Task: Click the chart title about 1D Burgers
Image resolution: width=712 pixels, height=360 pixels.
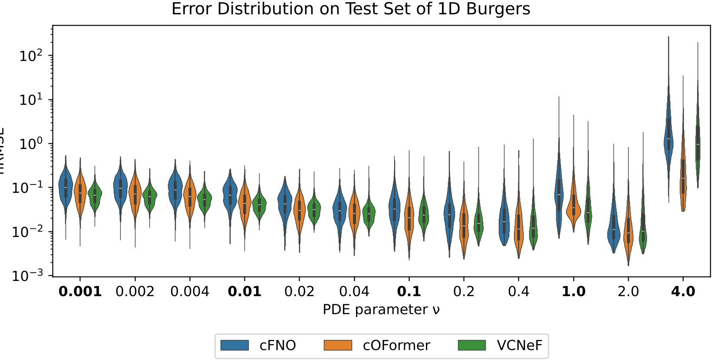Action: pyautogui.click(x=351, y=9)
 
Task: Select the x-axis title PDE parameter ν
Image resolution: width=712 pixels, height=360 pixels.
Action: pyautogui.click(x=381, y=310)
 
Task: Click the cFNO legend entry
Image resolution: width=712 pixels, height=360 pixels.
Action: pyautogui.click(x=258, y=345)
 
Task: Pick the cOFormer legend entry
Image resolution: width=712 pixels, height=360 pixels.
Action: pyautogui.click(x=377, y=345)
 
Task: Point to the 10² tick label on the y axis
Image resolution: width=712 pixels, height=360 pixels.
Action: pyautogui.click(x=31, y=56)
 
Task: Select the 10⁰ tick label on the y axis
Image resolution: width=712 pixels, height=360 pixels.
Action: pyautogui.click(x=31, y=144)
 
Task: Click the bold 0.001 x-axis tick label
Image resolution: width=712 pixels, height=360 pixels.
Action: pyautogui.click(x=80, y=291)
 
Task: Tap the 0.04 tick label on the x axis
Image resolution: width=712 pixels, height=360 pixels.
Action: pyautogui.click(x=354, y=291)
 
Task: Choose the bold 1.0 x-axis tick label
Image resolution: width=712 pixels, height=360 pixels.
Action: pyautogui.click(x=574, y=291)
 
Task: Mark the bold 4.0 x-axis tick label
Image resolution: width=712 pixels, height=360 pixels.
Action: pyautogui.click(x=683, y=291)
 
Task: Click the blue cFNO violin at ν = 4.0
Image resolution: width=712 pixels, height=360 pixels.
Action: pyautogui.click(x=669, y=139)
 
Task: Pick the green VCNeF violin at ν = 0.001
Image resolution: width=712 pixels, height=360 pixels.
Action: pyautogui.click(x=95, y=195)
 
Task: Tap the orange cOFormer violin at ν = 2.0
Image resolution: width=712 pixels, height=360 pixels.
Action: pyautogui.click(x=628, y=232)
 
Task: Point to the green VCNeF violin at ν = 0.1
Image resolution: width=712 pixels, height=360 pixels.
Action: pyautogui.click(x=424, y=215)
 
